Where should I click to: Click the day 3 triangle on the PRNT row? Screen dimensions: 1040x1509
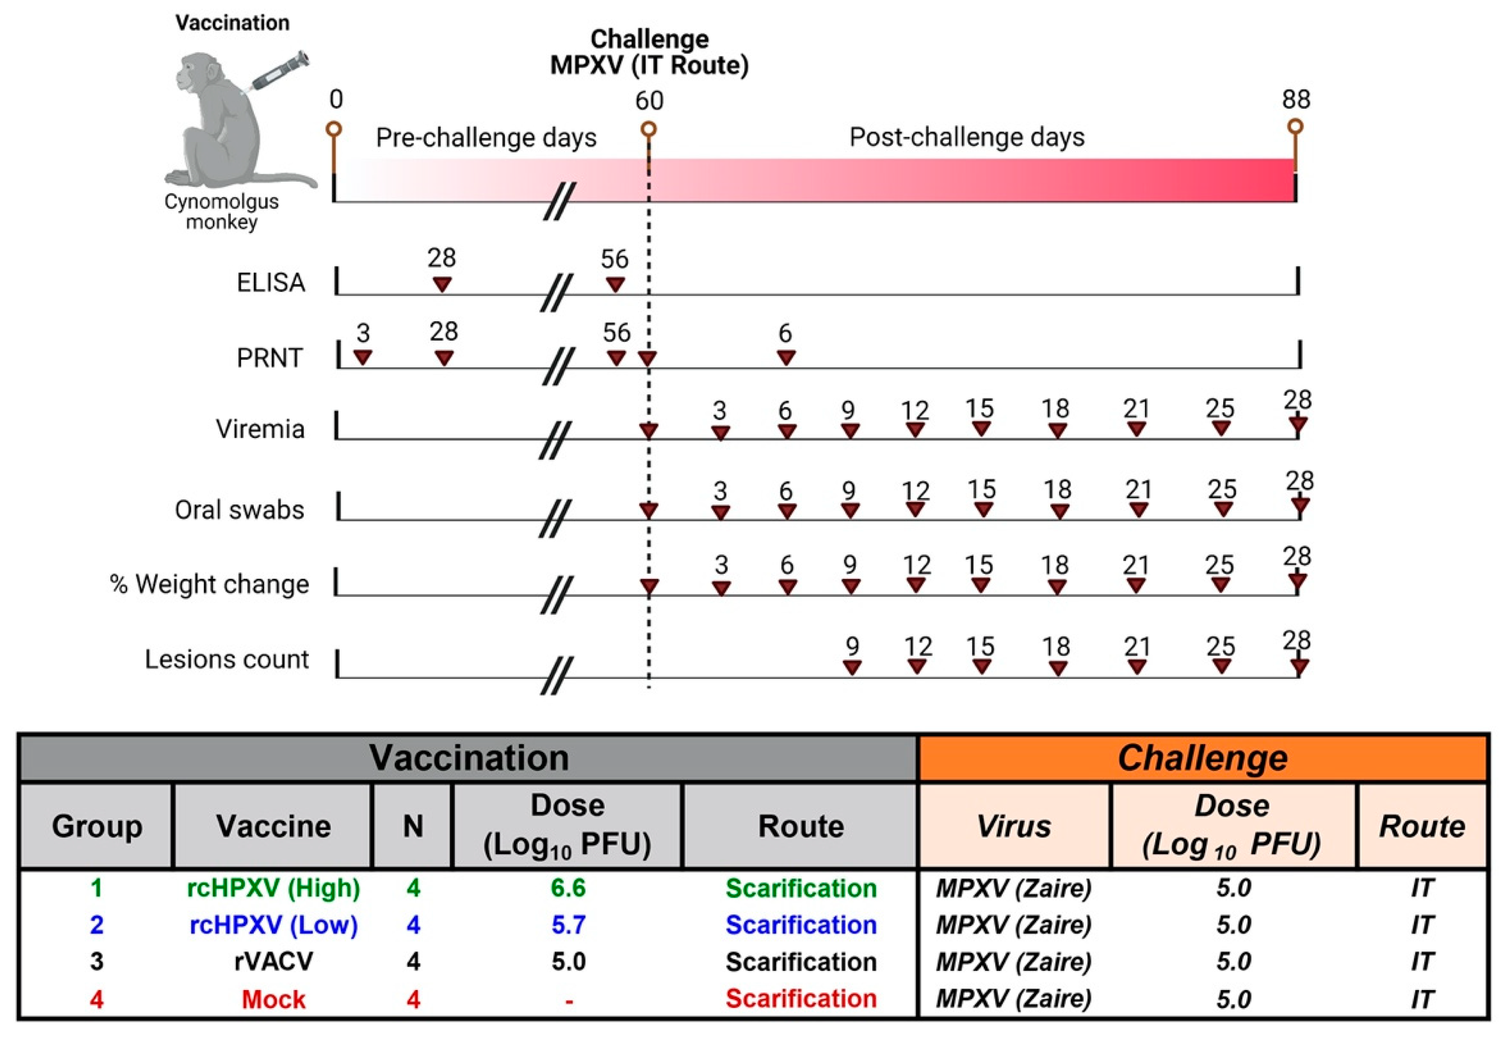point(363,357)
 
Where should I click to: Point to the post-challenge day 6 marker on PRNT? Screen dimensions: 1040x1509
point(787,357)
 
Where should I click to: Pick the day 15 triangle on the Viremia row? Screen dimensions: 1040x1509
point(981,428)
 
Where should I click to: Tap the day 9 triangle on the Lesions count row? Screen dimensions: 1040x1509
point(852,666)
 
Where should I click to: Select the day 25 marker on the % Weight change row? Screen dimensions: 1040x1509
point(1220,585)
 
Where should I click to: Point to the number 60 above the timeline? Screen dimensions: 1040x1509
point(649,101)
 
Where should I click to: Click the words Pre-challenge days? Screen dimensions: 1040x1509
point(486,138)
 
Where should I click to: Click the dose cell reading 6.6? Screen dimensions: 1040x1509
point(568,888)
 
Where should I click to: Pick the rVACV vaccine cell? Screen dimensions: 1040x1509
point(274,962)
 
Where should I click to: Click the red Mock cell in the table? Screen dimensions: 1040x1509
point(274,999)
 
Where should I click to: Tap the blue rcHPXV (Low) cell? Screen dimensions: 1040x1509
point(274,926)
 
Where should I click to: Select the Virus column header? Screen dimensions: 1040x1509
point(1014,826)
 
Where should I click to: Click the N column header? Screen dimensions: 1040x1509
point(413,826)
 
